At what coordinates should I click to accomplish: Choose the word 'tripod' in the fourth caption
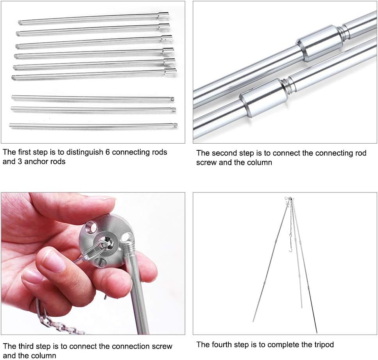322,345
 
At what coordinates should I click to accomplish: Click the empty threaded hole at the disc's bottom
99,261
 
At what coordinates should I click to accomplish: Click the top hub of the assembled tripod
290,199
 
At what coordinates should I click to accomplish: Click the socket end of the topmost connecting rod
163,15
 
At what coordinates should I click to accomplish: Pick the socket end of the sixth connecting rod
170,71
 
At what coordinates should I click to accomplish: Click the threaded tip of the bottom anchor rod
175,125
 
